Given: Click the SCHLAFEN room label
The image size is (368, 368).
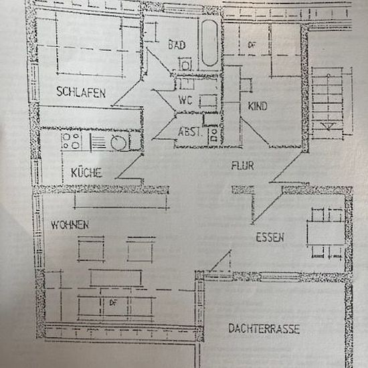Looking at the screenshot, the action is pyautogui.click(x=81, y=92).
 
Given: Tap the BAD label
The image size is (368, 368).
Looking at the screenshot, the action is pyautogui.click(x=177, y=45).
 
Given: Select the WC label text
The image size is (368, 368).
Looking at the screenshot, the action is pyautogui.click(x=185, y=100).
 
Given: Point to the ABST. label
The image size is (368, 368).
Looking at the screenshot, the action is pyautogui.click(x=190, y=132).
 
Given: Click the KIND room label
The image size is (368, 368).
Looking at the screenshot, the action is pyautogui.click(x=258, y=106).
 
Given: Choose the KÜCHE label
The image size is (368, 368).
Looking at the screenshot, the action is pyautogui.click(x=86, y=172).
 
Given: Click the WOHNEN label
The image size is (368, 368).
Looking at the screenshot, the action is pyautogui.click(x=70, y=225).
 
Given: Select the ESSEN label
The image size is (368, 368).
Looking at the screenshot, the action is pyautogui.click(x=270, y=237).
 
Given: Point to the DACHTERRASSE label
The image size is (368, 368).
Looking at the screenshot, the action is pyautogui.click(x=264, y=329).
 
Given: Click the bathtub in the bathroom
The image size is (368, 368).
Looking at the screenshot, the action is pyautogui.click(x=209, y=43).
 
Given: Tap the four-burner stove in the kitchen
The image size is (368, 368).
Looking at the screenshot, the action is pyautogui.click(x=72, y=141).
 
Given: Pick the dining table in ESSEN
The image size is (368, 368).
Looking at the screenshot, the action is pyautogui.click(x=326, y=233).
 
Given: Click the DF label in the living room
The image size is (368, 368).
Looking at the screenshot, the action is pyautogui.click(x=113, y=302).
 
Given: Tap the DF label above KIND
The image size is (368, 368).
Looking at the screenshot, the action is pyautogui.click(x=252, y=45).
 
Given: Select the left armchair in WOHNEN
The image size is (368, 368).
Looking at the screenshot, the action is pyautogui.click(x=91, y=249).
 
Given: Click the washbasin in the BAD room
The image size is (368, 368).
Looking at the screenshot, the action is pyautogui.click(x=185, y=64).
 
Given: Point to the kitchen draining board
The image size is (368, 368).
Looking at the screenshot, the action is pyautogui.click(x=98, y=142).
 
